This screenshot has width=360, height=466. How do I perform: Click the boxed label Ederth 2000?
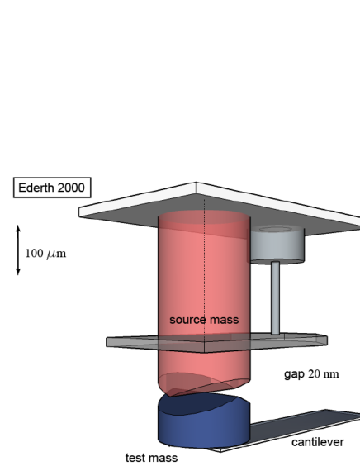pos(52,188)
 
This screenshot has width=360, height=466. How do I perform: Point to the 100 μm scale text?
pos(45,253)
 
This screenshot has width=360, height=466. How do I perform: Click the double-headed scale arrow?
pos(18,252)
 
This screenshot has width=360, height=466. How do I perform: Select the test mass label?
pos(151,457)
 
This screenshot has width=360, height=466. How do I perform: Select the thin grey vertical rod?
pos(274,297)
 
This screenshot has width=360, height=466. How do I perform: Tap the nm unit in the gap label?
pos(331,374)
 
